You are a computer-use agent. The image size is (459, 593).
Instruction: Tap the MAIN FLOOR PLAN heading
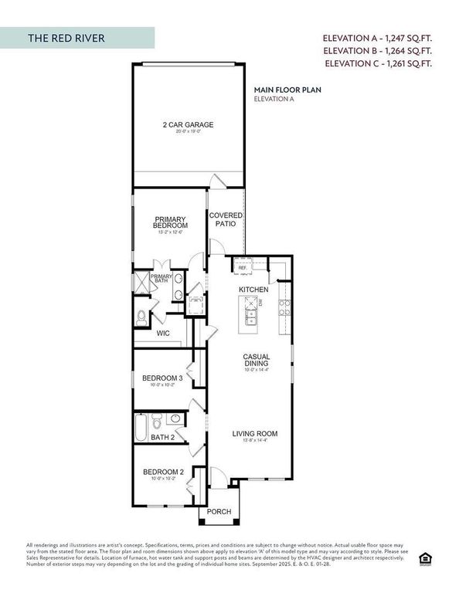tap(287, 90)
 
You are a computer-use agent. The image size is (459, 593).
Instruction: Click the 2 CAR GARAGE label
tap(188, 125)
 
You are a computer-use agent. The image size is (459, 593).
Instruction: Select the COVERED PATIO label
tap(226, 219)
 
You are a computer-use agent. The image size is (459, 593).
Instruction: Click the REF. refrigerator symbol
tap(242, 268)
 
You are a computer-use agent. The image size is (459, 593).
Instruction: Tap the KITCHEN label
tap(253, 290)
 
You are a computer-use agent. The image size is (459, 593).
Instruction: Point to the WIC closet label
tap(163, 334)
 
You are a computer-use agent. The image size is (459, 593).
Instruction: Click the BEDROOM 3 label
tap(162, 378)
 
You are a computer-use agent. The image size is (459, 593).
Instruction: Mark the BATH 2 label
tap(162, 437)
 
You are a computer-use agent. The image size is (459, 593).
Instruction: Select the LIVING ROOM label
tap(255, 434)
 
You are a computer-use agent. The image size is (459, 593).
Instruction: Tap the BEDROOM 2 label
tap(162, 473)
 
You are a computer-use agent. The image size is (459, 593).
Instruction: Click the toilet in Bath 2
tap(157, 422)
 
